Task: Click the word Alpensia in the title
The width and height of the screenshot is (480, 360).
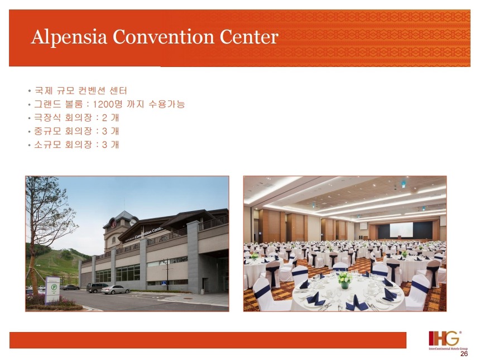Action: [x=69, y=37]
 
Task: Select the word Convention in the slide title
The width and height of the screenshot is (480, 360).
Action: [x=163, y=37]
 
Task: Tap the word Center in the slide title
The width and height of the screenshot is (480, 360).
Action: [x=249, y=37]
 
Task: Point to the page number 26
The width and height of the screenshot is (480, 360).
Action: [x=464, y=353]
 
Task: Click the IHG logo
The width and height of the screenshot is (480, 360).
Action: [x=448, y=340]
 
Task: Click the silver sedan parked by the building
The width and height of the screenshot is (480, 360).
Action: [x=116, y=290]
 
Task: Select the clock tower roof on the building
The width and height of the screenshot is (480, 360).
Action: [x=121, y=217]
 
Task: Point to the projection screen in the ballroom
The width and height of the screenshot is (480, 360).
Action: [x=401, y=229]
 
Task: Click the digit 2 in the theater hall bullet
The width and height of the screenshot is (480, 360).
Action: [x=105, y=118]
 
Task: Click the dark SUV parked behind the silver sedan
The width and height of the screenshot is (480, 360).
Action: [x=97, y=287]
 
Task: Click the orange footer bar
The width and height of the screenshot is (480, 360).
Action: [x=208, y=340]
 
